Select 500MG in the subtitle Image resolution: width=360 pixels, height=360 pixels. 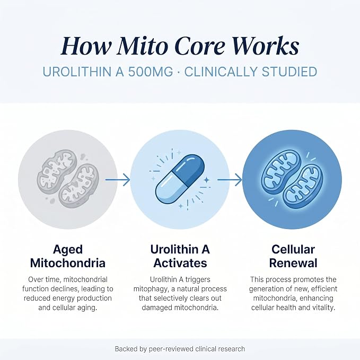pyautogui.click(x=151, y=72)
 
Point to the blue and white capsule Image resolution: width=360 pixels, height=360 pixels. pyautogui.click(x=180, y=179)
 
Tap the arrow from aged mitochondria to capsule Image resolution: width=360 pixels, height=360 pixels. pyautogui.click(x=118, y=180)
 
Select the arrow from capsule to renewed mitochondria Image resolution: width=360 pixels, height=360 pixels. pyautogui.click(x=230, y=180)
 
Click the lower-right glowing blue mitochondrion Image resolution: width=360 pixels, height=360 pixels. pyautogui.click(x=303, y=187)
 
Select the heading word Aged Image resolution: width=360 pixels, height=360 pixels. pyautogui.click(x=68, y=250)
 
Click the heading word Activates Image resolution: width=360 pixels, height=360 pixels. pyautogui.click(x=180, y=263)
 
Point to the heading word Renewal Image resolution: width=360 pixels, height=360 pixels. pyautogui.click(x=293, y=263)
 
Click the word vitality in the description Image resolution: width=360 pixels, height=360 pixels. pyautogui.click(x=323, y=308)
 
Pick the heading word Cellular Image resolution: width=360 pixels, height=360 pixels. pyautogui.click(x=293, y=250)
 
